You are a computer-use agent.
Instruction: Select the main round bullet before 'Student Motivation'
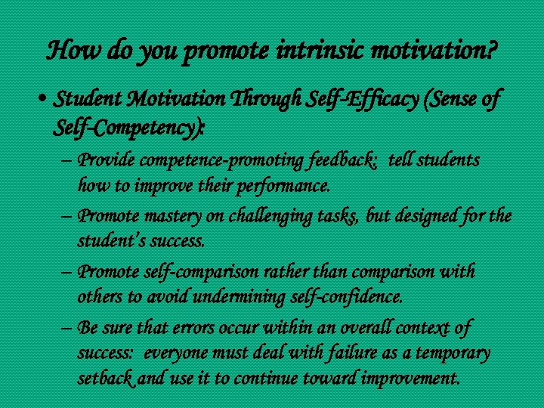click(x=46, y=100)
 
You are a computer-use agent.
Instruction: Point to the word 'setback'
click(x=107, y=377)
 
